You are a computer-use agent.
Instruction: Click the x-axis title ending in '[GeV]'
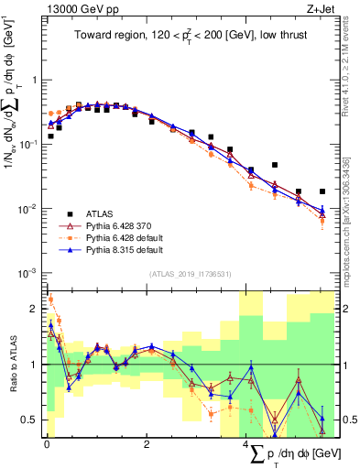coord(292,453)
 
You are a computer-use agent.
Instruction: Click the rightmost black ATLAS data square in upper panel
coord(322,191)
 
